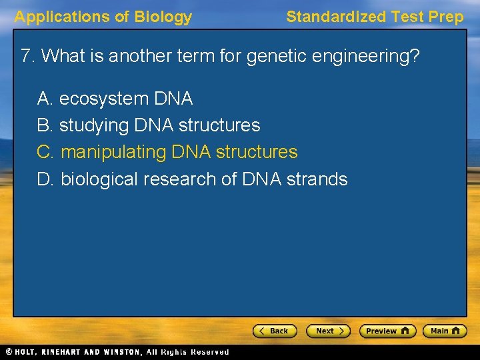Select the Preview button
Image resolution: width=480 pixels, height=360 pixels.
[387, 331]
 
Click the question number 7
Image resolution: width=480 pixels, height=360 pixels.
[27, 55]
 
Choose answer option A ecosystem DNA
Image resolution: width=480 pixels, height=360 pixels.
[115, 99]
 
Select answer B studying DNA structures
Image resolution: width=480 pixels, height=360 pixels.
[149, 125]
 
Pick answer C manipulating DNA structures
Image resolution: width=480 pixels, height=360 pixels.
[167, 152]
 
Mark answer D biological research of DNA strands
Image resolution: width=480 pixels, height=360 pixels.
[192, 179]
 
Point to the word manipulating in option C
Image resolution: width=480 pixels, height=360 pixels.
[113, 152]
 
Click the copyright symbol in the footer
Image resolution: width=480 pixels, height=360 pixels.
[9, 352]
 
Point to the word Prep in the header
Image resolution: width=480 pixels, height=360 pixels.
[447, 17]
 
